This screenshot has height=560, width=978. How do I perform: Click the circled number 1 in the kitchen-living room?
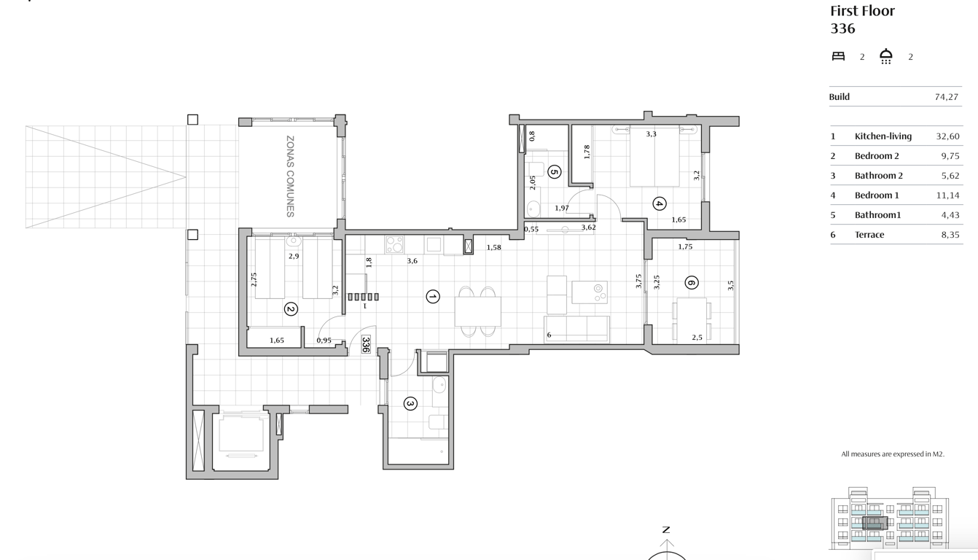click(433, 296)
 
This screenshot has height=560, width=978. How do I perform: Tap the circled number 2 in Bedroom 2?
click(291, 309)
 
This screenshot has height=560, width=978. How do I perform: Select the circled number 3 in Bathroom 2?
click(410, 403)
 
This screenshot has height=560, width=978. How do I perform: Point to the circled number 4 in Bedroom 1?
click(659, 204)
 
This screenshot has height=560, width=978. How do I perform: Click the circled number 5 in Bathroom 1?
click(554, 172)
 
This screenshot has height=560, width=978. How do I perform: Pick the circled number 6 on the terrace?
click(692, 283)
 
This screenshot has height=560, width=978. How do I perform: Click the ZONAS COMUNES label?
click(290, 176)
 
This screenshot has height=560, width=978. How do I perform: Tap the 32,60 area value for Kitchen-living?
click(947, 136)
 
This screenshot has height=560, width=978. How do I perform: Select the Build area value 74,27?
click(946, 97)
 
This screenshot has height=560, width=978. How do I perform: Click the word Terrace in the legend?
click(869, 235)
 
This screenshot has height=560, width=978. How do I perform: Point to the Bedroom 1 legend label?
click(877, 195)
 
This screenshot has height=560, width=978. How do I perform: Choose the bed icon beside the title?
click(838, 56)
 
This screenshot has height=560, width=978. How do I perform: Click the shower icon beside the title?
click(886, 56)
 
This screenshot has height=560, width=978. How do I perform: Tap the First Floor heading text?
click(862, 11)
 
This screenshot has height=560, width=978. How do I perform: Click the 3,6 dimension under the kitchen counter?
click(412, 261)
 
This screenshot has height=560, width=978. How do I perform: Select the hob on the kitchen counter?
click(394, 244)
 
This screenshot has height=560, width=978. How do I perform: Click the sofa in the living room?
click(576, 329)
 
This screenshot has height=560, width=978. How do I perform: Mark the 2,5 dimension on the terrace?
click(697, 338)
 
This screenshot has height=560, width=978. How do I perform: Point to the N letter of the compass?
click(665, 530)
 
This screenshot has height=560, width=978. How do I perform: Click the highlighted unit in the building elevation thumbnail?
click(875, 523)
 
